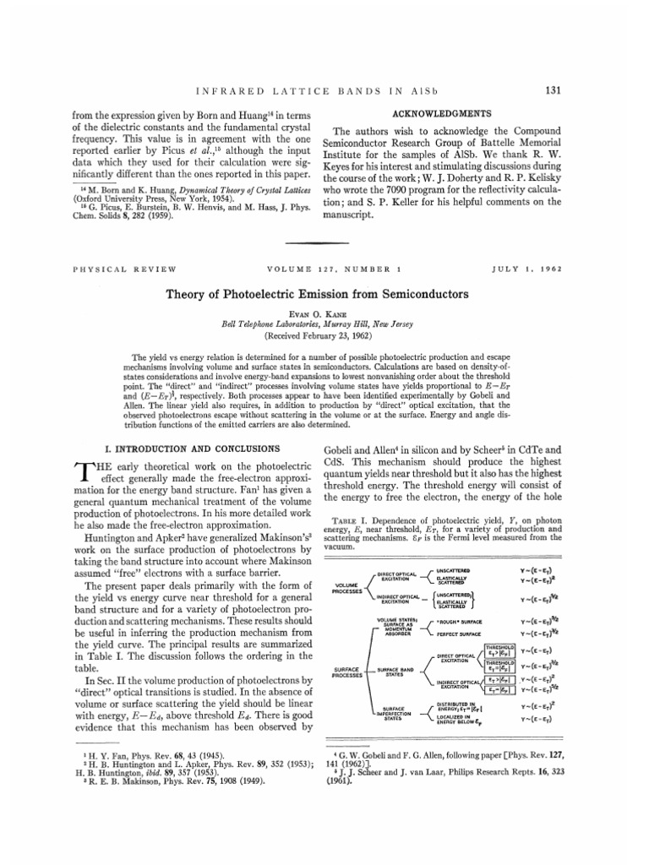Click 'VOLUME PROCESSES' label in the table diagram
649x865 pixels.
coord(348,585)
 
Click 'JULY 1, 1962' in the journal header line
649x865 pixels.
coord(528,270)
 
